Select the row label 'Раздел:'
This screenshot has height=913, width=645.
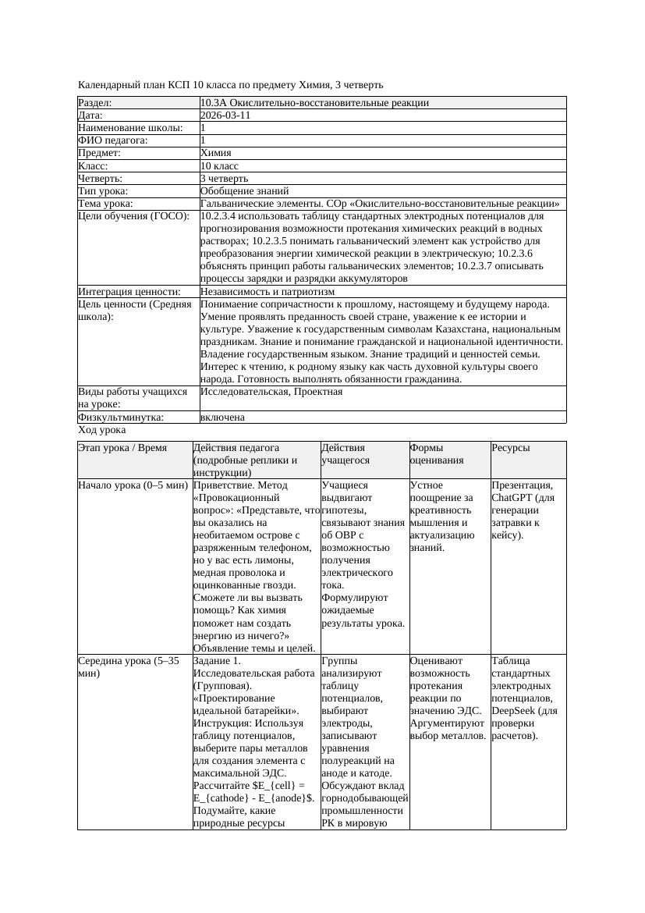95,103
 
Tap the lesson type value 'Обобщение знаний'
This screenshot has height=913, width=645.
244,190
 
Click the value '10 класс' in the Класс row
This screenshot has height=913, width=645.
219,166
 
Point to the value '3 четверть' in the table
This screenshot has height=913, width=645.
224,179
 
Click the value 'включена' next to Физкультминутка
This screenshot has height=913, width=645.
222,417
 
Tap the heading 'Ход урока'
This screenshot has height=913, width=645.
102,430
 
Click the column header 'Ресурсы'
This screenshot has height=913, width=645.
511,448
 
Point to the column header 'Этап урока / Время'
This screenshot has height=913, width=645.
122,448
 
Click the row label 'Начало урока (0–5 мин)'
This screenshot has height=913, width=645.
133,485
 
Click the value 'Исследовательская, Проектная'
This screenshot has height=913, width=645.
271,392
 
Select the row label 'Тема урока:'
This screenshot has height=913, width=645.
106,204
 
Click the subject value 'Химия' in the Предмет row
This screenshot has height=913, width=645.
216,153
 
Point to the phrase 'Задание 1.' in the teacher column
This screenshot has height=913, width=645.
218,660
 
